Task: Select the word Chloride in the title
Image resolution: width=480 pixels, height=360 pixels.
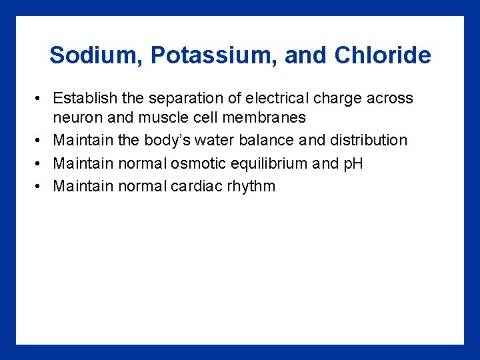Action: click(383, 55)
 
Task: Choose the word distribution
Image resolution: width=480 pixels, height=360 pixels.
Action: click(369, 141)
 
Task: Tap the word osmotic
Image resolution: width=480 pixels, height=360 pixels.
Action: click(194, 163)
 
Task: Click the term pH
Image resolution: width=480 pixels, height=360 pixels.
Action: click(352, 163)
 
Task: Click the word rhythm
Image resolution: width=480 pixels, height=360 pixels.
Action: click(251, 186)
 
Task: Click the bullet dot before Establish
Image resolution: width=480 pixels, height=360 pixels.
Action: click(41, 99)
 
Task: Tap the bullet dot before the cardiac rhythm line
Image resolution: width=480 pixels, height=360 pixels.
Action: click(41, 186)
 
